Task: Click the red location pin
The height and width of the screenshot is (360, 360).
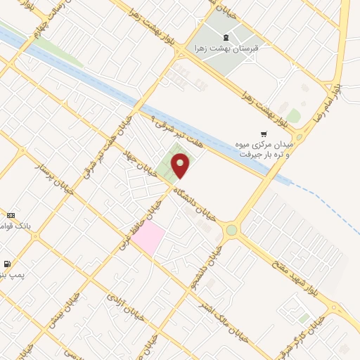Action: (x=181, y=166)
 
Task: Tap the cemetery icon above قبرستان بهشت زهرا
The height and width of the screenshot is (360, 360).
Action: (x=224, y=38)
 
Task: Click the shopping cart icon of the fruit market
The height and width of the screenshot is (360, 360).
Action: (x=264, y=134)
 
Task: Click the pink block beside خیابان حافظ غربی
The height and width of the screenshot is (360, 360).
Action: (x=148, y=238)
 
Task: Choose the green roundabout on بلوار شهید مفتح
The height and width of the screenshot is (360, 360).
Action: (x=231, y=230)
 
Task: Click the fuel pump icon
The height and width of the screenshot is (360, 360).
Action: (x=7, y=264)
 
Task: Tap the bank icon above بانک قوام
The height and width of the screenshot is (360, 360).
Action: (x=11, y=215)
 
